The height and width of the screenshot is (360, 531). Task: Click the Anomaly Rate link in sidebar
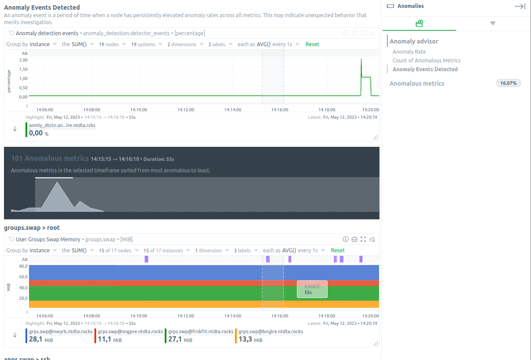point(409,52)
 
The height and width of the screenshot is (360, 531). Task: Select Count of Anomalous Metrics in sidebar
point(426,61)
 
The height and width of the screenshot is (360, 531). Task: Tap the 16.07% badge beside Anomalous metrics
point(508,83)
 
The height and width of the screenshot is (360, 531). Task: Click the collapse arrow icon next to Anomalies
point(520,6)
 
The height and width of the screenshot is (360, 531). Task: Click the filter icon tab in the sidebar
point(493,23)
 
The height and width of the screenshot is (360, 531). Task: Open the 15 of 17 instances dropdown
point(166,251)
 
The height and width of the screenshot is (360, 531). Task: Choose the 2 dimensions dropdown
point(185,44)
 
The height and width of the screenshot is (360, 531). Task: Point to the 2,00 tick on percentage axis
point(23,60)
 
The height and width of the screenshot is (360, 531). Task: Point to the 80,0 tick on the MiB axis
point(23,266)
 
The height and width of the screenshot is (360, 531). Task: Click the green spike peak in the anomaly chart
point(361,59)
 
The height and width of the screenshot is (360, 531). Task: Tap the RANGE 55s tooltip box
point(312,289)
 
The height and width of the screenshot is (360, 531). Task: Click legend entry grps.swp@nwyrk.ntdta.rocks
point(61,331)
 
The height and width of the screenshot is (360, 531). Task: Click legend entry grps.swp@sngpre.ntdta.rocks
point(130,331)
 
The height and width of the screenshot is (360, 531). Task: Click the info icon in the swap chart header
point(345,240)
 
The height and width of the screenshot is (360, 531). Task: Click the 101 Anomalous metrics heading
point(50,158)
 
